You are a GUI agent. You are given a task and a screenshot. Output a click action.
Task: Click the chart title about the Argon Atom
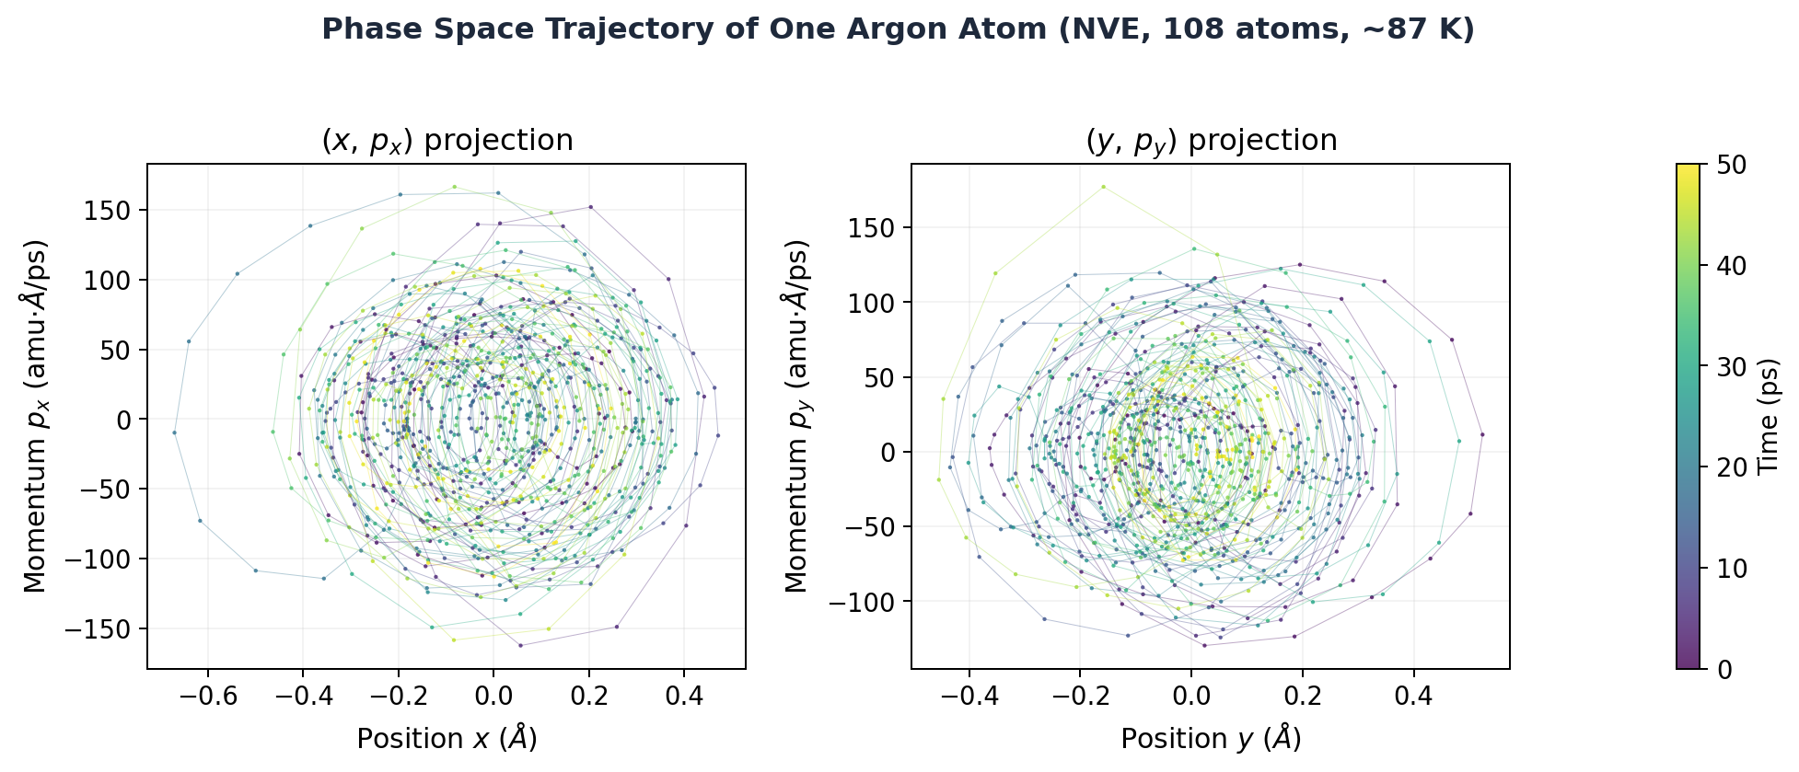[898, 29]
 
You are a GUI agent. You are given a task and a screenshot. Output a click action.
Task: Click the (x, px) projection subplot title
[447, 141]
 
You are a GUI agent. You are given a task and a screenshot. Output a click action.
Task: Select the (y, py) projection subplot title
[1211, 141]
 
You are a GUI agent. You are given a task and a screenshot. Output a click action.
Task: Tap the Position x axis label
[447, 739]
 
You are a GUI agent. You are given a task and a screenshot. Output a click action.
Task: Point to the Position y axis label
[1211, 739]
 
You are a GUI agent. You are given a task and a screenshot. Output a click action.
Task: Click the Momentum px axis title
[35, 416]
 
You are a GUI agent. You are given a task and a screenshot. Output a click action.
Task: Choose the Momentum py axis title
[797, 416]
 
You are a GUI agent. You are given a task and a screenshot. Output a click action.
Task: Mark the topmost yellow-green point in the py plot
[1103, 187]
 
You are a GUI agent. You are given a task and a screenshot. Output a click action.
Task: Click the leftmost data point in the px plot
[174, 432]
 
